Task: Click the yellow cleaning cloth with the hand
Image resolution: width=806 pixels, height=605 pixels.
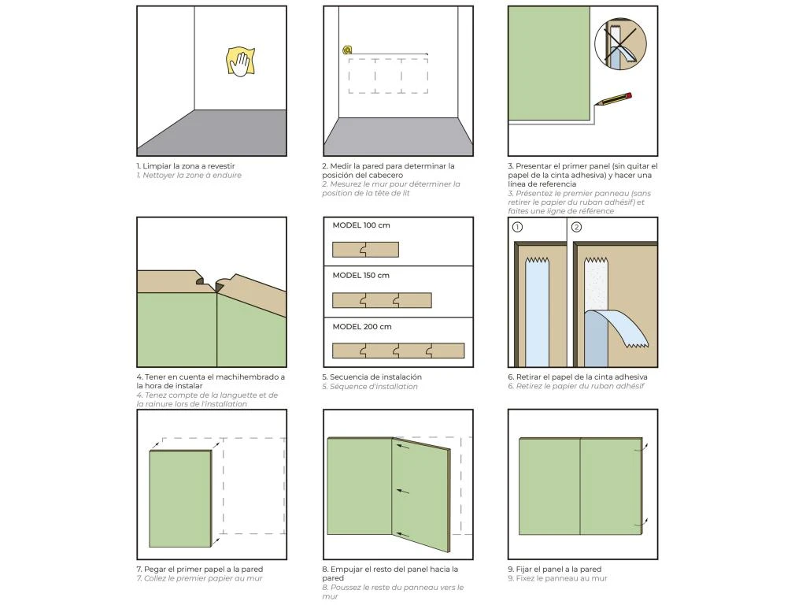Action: (241, 62)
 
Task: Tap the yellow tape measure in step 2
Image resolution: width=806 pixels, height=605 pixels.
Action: (347, 50)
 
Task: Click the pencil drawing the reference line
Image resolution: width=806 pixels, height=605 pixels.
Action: (614, 99)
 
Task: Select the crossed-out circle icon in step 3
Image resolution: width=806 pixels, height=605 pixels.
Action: (619, 45)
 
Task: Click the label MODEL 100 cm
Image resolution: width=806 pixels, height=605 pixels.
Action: (360, 225)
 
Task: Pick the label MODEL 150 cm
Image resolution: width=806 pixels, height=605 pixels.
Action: (360, 276)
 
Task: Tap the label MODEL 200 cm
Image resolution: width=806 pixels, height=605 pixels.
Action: (361, 326)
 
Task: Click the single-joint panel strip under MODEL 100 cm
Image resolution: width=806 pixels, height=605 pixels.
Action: (365, 250)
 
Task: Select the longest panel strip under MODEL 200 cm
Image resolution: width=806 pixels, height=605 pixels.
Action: (397, 351)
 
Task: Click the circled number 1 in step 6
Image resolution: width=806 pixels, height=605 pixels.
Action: (518, 228)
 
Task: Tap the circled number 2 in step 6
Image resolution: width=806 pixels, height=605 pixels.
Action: (576, 228)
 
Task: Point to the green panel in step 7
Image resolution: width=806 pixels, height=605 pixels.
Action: (180, 498)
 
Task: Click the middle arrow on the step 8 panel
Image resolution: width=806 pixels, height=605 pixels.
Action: (403, 491)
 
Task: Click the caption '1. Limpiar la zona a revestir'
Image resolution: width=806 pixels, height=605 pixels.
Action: (186, 166)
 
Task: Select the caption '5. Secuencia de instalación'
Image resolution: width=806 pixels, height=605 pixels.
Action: (372, 377)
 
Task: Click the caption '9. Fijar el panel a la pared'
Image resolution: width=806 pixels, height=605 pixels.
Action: (554, 569)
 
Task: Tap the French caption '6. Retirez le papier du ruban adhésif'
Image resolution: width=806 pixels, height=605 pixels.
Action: (576, 386)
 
